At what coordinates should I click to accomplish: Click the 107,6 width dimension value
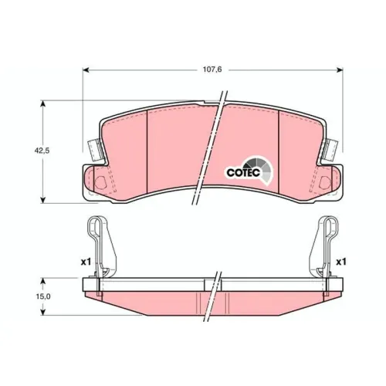[212, 69]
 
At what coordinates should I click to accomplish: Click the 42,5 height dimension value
[42, 151]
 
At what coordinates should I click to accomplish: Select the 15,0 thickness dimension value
[43, 296]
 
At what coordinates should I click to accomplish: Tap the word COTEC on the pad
[243, 173]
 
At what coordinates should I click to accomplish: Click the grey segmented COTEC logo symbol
[260, 168]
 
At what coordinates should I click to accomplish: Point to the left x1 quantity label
[86, 262]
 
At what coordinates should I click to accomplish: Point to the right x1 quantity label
[341, 262]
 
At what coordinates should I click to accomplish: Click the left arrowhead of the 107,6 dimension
[86, 69]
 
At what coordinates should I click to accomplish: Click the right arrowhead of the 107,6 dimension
[340, 69]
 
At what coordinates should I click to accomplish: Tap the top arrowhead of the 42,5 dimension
[43, 103]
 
